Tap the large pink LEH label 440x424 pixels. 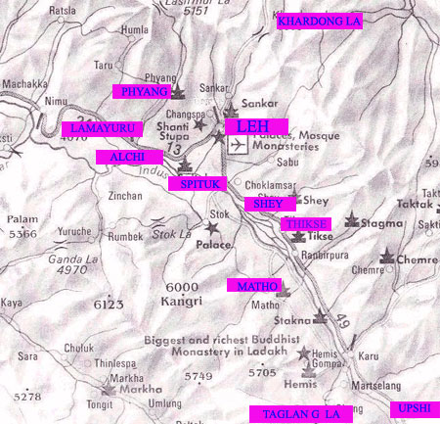click(x=252, y=126)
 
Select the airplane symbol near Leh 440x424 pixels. click(x=237, y=145)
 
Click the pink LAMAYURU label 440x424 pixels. click(x=98, y=128)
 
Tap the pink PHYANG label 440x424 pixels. click(x=141, y=91)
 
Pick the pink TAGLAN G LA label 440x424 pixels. click(x=299, y=414)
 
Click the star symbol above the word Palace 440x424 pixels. click(x=208, y=228)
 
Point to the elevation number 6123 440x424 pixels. click(x=108, y=305)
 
